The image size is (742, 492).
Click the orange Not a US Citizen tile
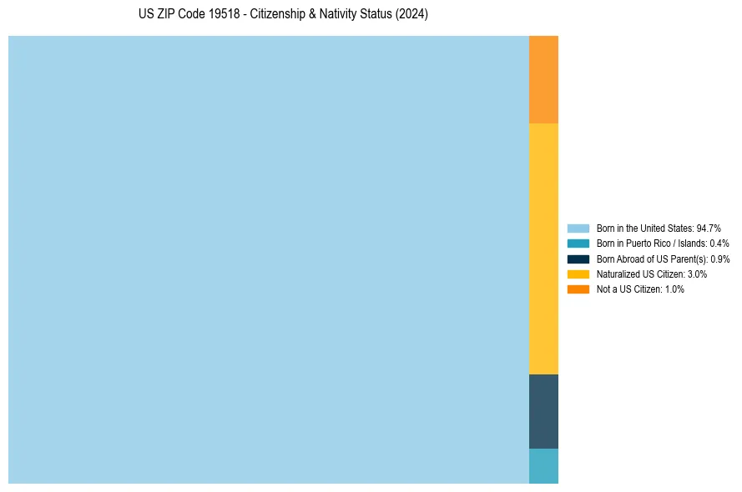543,79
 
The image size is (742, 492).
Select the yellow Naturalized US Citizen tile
543,249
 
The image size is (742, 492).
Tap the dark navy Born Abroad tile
543,411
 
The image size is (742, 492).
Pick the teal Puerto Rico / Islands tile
543,466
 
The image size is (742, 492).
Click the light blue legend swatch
578,228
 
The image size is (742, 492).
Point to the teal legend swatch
578,243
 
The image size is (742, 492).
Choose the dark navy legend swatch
578,259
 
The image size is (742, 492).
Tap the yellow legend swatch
578,274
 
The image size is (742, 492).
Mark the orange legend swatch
578,289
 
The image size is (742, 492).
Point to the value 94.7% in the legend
709,228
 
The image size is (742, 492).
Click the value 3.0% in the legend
698,274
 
